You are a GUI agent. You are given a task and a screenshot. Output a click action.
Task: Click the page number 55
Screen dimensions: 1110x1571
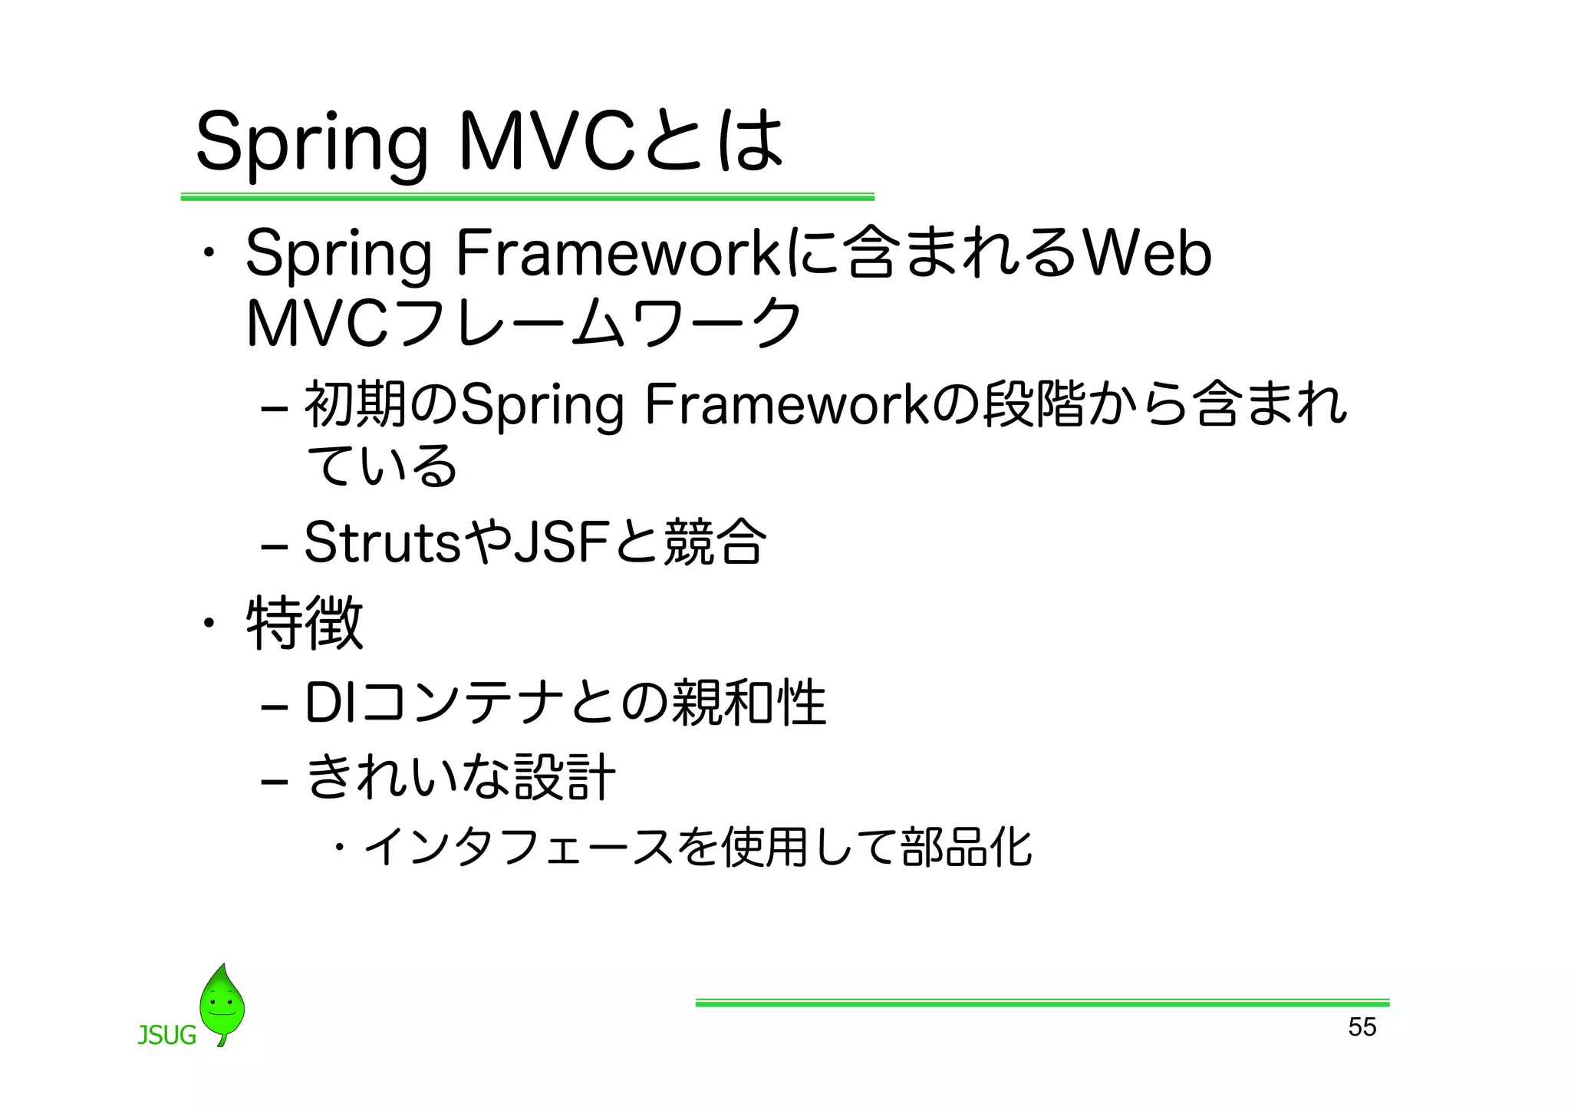pos(1362,1026)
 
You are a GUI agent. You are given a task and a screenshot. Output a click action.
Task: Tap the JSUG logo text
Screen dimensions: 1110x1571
pos(166,1036)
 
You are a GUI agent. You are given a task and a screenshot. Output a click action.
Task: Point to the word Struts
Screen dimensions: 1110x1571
pos(382,542)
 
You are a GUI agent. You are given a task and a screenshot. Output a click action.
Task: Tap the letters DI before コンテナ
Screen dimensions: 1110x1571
pos(330,702)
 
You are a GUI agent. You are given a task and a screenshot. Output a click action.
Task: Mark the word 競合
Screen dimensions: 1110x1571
pos(714,542)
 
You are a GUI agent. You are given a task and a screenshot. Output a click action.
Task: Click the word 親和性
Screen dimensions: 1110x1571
pos(749,702)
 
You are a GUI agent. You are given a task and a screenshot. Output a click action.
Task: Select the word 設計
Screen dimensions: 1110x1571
pos(565,776)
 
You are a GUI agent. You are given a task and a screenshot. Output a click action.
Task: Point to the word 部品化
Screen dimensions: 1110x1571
pos(967,847)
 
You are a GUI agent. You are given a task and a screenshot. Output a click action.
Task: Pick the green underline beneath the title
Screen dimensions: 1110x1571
pos(527,197)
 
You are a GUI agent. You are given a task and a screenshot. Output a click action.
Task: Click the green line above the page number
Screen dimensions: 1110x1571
pos(1042,1003)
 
